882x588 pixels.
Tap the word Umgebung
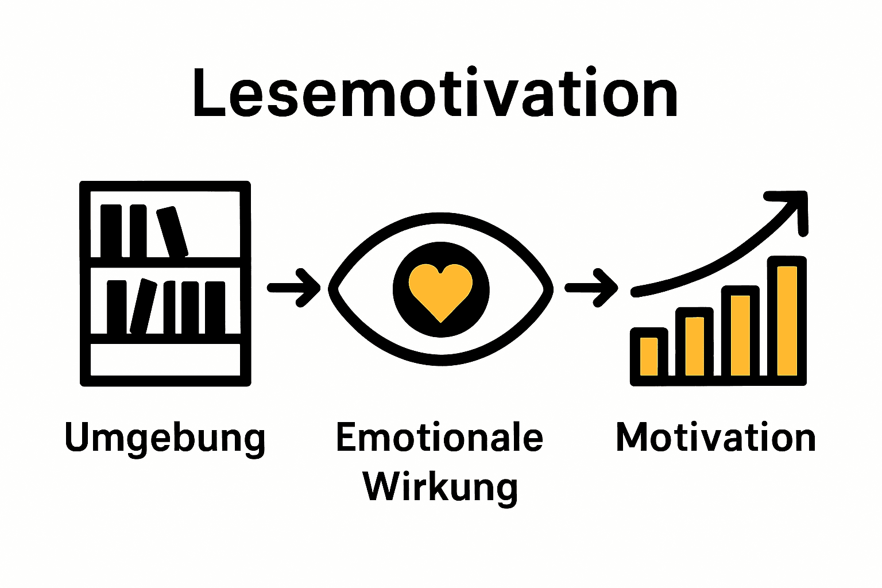coord(165,438)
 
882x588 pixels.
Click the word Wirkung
coord(440,486)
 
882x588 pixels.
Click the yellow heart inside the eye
coord(440,290)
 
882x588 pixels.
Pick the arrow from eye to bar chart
coord(591,288)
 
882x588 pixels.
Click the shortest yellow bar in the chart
coord(649,356)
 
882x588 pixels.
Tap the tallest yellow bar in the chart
coord(787,320)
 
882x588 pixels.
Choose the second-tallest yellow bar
coord(741,335)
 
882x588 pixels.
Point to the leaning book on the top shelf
coord(172,232)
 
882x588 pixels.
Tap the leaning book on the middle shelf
coord(143,306)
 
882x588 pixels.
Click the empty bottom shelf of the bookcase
coord(165,359)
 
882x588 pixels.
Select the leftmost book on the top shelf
coord(111,231)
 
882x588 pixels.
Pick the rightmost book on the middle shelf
coord(215,307)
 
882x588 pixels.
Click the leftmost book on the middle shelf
coord(117,307)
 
